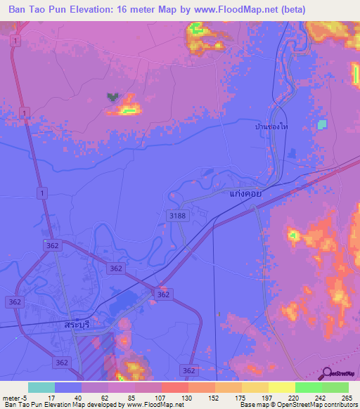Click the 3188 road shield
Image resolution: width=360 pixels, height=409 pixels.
click(177, 216)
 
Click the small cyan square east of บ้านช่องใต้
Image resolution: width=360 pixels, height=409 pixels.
click(322, 124)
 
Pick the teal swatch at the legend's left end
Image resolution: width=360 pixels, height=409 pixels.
click(41, 387)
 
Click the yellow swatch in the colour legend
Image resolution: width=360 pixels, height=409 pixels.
click(281, 387)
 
